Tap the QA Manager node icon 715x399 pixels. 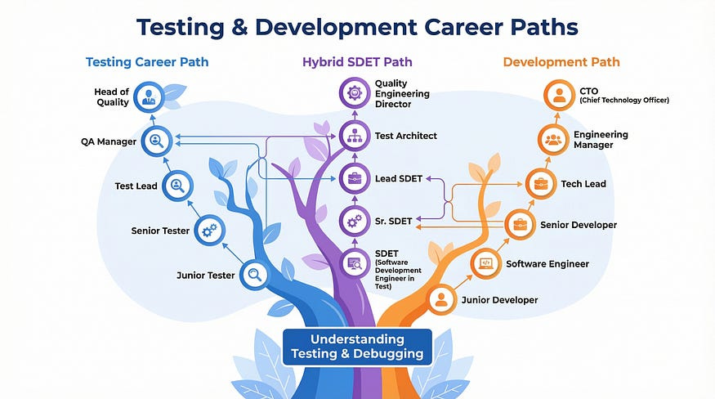(x=156, y=141)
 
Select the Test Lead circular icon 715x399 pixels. (x=177, y=186)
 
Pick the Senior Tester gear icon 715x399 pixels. (x=208, y=231)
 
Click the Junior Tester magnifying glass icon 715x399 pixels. (x=254, y=275)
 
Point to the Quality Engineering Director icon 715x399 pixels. (x=355, y=92)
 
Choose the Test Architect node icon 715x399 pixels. (x=355, y=136)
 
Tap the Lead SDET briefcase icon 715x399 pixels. (x=355, y=178)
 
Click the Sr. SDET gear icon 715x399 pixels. (x=355, y=221)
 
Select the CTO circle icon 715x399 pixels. (x=559, y=95)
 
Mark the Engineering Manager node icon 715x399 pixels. (x=553, y=140)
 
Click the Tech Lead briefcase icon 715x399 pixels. (x=540, y=184)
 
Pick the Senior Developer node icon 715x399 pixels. (x=519, y=224)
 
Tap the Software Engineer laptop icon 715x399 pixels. (x=485, y=264)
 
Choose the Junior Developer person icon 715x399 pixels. (x=442, y=299)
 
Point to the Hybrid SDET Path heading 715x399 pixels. (x=356, y=62)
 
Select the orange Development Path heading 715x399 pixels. (x=561, y=62)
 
